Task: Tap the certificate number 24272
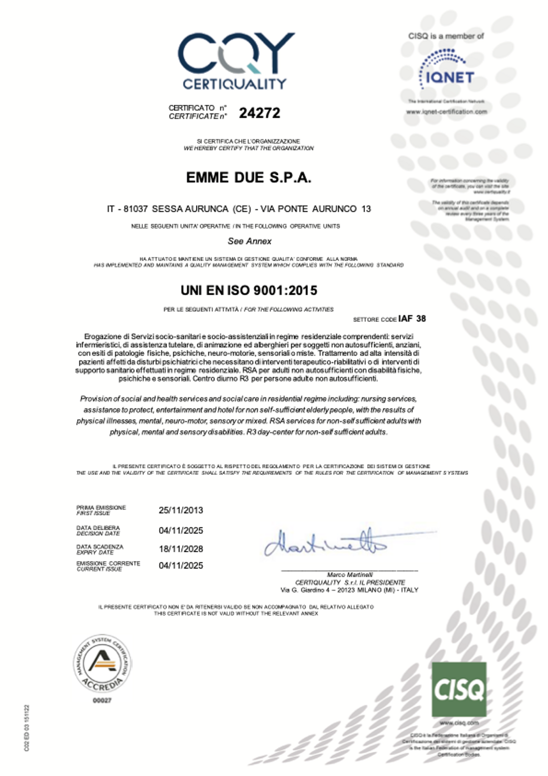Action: point(260,113)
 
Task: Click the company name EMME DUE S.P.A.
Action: point(249,178)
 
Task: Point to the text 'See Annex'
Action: point(250,241)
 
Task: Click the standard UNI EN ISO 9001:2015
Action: point(249,290)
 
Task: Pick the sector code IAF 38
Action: point(412,318)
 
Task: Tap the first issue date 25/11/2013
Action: point(181,510)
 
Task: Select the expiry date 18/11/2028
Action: point(181,549)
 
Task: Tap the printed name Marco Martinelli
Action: point(350,575)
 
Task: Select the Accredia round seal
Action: point(102,663)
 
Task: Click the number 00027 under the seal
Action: point(102,700)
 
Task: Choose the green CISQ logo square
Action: point(459,689)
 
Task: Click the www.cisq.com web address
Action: point(459,722)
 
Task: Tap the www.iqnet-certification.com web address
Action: point(446,111)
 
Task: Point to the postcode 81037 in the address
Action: point(136,209)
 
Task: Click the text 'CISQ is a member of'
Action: point(446,36)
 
